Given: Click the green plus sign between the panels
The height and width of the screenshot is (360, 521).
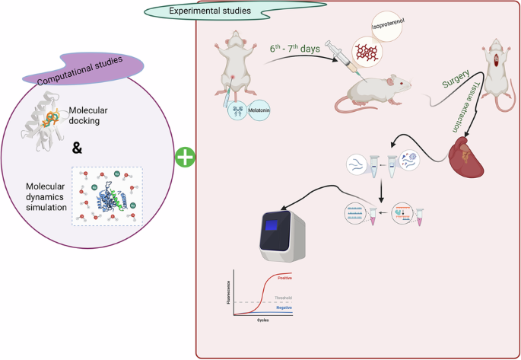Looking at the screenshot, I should coord(185,158).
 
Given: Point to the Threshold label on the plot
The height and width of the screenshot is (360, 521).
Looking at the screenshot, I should coord(282,297).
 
